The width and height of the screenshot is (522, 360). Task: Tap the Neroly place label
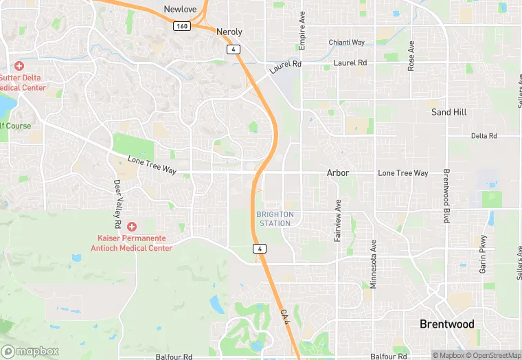[229, 32]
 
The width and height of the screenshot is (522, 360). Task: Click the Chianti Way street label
[347, 42]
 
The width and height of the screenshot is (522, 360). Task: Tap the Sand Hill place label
[449, 112]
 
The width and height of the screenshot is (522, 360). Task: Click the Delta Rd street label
[484, 136]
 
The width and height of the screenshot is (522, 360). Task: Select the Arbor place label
[338, 173]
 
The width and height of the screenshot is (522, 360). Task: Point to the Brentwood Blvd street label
[446, 196]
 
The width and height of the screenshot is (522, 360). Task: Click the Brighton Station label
[275, 218]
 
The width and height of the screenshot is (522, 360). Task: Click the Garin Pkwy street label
[484, 254]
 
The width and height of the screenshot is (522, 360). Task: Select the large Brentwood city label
[446, 324]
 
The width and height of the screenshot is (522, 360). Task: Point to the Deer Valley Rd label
[117, 204]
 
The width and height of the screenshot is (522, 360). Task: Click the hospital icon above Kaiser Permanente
[131, 226]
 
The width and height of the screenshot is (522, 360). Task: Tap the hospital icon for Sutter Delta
[19, 66]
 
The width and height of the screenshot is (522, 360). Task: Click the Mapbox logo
[30, 351]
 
